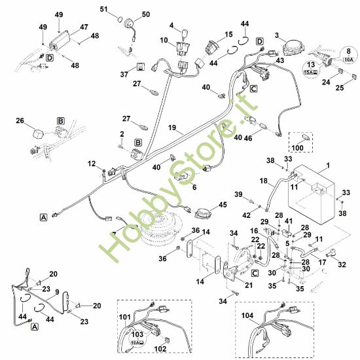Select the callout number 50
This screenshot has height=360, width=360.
(x=145, y=14)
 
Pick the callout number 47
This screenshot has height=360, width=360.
(x=83, y=27)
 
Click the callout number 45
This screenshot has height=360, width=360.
(x=223, y=205)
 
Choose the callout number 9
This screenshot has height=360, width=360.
(x=58, y=293)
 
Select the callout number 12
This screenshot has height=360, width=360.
(x=92, y=164)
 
